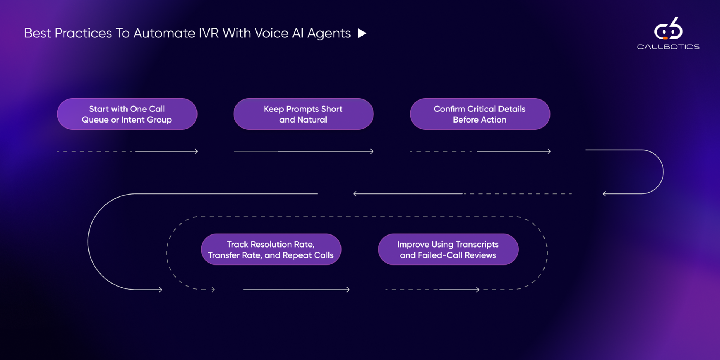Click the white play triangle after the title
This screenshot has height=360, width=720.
(x=362, y=33)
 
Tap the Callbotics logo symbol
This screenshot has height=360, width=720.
(x=668, y=28)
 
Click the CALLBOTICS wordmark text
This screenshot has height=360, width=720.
(x=668, y=47)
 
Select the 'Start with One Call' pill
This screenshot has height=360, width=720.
(x=127, y=114)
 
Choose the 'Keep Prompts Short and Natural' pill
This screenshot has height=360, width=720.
(x=303, y=114)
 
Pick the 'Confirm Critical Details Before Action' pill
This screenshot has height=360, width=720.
(x=480, y=114)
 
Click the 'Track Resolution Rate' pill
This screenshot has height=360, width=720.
(x=271, y=249)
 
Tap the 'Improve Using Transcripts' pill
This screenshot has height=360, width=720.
(x=448, y=249)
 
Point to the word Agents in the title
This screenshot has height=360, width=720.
(x=329, y=34)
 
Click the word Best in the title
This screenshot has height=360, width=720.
(x=37, y=33)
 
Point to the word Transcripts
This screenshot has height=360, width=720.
(x=477, y=244)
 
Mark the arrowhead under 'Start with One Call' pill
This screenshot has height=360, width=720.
(x=196, y=151)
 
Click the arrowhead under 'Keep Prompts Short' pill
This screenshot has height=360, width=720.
(x=372, y=151)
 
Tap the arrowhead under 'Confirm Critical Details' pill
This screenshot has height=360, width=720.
(x=549, y=151)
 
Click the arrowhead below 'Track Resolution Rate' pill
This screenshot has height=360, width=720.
(x=348, y=289)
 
